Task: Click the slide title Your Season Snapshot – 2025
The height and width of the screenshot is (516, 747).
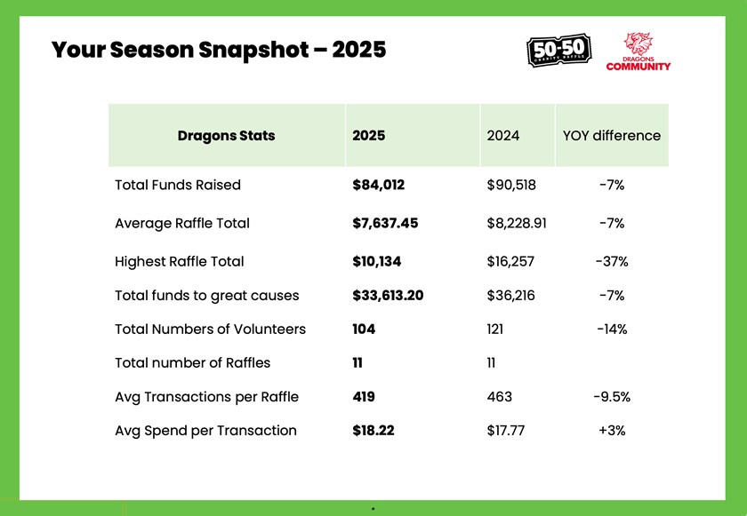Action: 219,49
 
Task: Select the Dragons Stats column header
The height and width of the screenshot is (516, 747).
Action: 226,136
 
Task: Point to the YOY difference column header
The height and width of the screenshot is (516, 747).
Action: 611,136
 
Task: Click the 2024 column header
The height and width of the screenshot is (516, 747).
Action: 503,136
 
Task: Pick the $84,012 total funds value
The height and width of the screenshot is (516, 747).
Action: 379,186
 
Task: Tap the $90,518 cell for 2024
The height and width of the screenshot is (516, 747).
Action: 511,186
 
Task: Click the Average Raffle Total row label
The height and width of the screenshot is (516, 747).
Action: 182,224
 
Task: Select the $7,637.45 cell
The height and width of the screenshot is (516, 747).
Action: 385,224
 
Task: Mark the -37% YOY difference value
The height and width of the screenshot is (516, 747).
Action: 611,262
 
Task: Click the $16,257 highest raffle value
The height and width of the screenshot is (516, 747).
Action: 511,262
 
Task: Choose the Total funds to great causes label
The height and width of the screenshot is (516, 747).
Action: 207,296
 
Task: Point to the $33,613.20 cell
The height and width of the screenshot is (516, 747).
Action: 388,296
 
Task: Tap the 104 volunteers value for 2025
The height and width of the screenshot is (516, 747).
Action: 364,329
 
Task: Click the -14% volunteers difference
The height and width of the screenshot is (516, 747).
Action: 611,329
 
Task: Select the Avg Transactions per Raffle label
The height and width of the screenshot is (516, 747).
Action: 206,397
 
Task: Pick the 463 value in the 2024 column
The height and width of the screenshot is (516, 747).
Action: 499,397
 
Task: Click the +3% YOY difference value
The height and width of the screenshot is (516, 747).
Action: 611,431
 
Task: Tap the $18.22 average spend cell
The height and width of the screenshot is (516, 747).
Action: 373,431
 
